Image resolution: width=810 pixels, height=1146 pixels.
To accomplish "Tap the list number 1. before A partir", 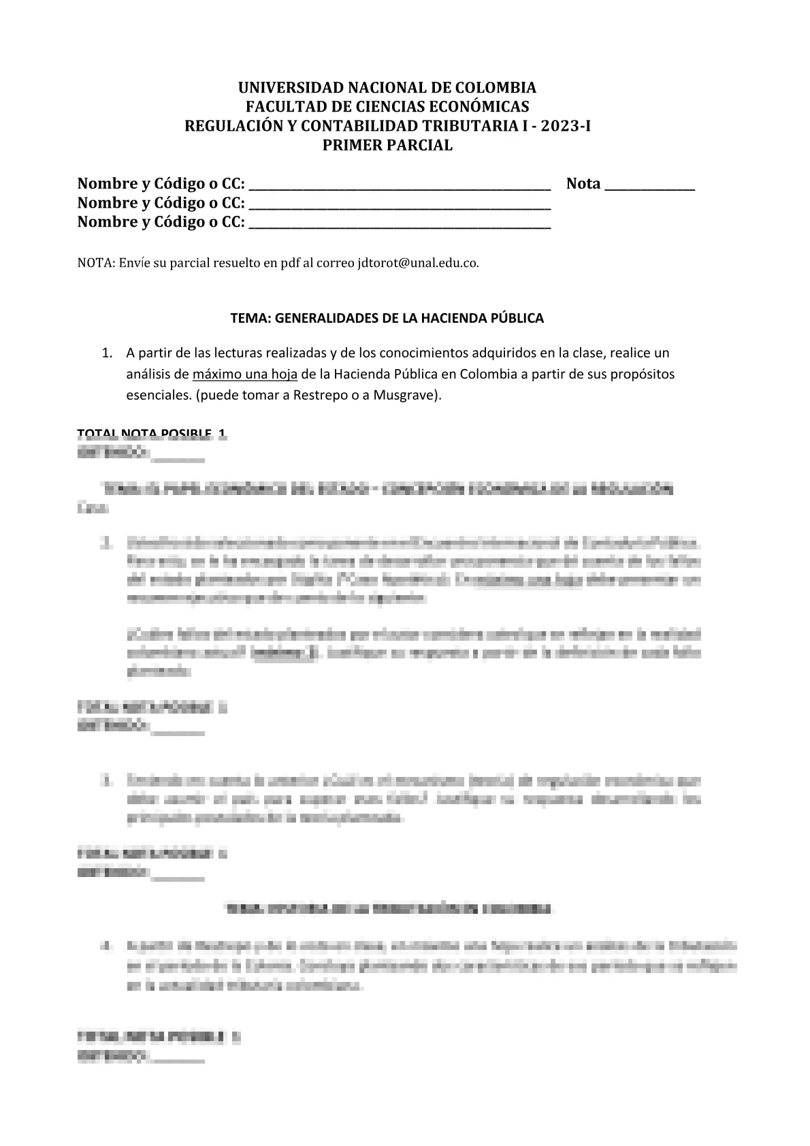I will pos(106,353).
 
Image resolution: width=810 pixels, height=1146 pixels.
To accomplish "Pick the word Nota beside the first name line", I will pos(583,184).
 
